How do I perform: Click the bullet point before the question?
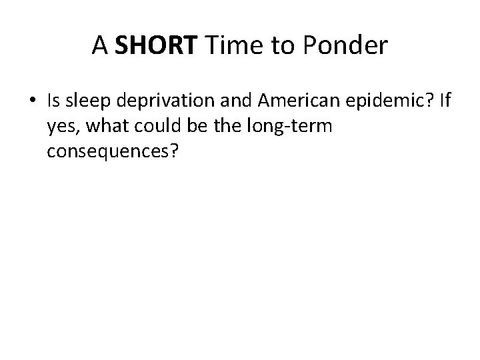pos(34,101)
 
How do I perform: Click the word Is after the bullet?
pos(54,101)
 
